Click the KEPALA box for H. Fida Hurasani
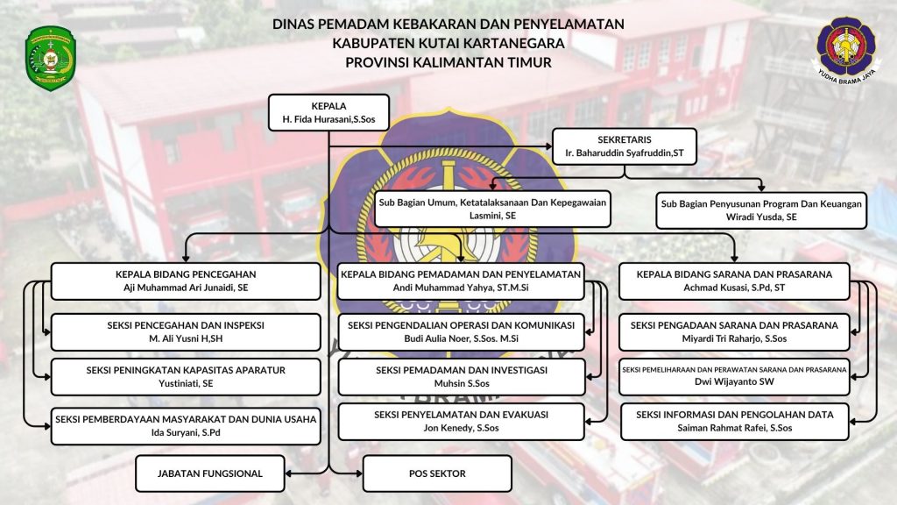coord(329,113)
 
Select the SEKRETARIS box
coord(624,146)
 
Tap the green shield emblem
coord(50,58)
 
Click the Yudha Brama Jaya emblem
coord(845,50)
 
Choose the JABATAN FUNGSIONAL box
coord(210,473)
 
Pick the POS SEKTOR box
coord(437,473)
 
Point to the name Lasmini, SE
coord(492,216)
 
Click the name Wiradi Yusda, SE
coord(761,217)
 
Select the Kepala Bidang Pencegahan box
coord(186,281)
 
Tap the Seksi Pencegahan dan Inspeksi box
coord(186,332)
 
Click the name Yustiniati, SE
coord(186,384)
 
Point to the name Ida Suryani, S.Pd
coord(186,432)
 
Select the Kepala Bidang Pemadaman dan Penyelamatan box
coord(461,281)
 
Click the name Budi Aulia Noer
coord(461,338)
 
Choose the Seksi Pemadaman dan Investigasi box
coord(461,377)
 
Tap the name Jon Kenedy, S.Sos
coord(461,428)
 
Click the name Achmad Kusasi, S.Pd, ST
coord(734,288)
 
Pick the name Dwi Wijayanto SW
coord(734,381)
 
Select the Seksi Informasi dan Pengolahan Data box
coord(735,422)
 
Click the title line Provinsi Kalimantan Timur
coord(448,62)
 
